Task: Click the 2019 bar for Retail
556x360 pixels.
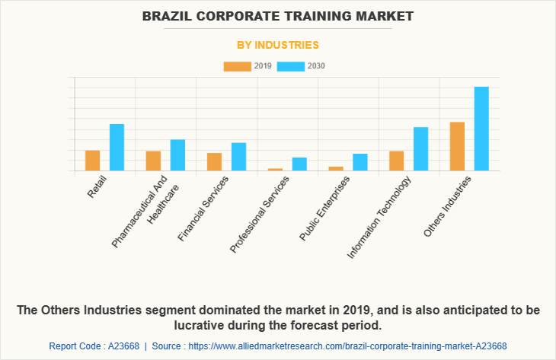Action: [x=92, y=161]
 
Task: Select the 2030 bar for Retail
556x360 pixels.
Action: [x=117, y=148]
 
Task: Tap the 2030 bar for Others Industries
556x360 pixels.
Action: [x=481, y=129]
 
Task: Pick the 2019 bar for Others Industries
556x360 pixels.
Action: [x=457, y=146]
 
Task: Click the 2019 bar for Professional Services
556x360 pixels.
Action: [x=275, y=169]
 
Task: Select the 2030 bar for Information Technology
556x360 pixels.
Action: [x=420, y=149]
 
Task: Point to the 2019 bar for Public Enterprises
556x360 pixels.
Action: [x=336, y=168]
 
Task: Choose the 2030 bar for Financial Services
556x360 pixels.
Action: [x=238, y=157]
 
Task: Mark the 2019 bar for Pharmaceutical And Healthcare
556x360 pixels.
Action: [x=153, y=161]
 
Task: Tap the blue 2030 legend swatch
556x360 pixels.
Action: [x=290, y=66]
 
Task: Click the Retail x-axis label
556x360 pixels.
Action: [x=97, y=187]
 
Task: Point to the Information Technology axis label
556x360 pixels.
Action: [x=379, y=216]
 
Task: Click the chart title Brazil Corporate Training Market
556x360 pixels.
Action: [x=278, y=15]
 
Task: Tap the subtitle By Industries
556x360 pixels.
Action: [x=278, y=45]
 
